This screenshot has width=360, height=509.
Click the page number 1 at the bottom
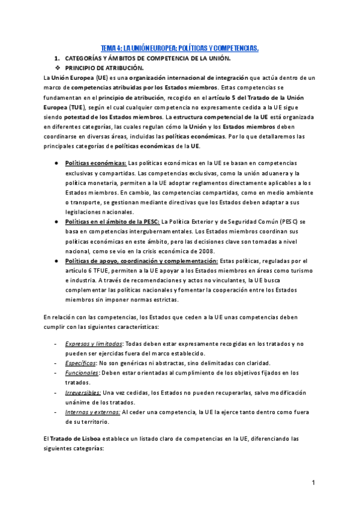[313, 483]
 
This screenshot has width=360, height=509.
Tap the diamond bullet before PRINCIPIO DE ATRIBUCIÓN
[58, 68]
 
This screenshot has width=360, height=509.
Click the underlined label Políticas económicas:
[95, 163]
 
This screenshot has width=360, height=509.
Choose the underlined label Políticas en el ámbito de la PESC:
[112, 221]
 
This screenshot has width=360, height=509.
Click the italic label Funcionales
[82, 373]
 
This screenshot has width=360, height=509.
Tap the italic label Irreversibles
[83, 392]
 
